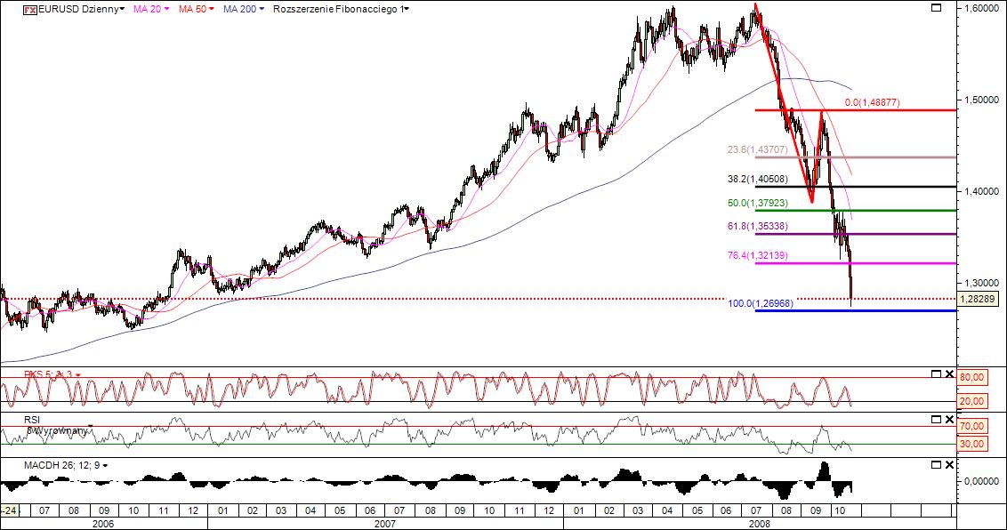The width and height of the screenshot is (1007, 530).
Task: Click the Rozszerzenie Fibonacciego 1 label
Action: click(x=340, y=9)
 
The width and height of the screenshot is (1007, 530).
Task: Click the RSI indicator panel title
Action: click(x=34, y=419)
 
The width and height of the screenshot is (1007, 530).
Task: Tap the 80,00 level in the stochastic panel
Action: click(x=972, y=377)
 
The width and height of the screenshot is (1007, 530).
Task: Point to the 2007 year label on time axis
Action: click(x=384, y=524)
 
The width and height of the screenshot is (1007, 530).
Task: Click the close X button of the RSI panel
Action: click(x=948, y=419)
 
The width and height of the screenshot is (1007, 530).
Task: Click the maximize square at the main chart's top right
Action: click(x=935, y=8)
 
